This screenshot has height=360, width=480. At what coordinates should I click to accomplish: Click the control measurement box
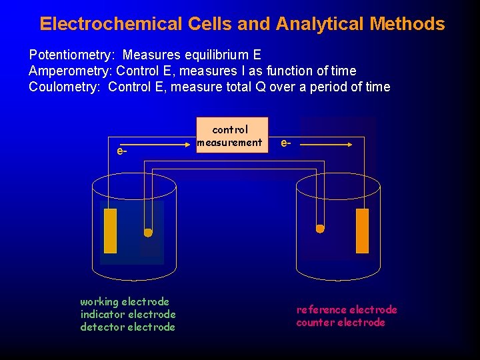[231, 136]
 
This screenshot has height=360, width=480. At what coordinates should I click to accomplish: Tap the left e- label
[122, 151]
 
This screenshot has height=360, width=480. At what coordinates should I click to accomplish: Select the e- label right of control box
[285, 142]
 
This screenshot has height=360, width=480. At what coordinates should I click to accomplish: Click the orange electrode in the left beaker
[110, 231]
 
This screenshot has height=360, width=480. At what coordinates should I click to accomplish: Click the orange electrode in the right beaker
[362, 231]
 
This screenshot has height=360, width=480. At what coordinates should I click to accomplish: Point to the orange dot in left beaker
[148, 233]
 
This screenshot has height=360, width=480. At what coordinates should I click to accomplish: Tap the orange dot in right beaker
[320, 229]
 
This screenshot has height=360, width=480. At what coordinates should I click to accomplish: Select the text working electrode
[125, 301]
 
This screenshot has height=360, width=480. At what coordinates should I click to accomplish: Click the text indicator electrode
[127, 314]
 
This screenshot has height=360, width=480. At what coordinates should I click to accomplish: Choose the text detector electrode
[127, 327]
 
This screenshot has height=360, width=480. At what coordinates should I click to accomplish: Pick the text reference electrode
[347, 309]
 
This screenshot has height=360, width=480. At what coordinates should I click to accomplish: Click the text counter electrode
[341, 322]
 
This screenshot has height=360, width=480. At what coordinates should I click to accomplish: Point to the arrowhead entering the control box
[193, 141]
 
